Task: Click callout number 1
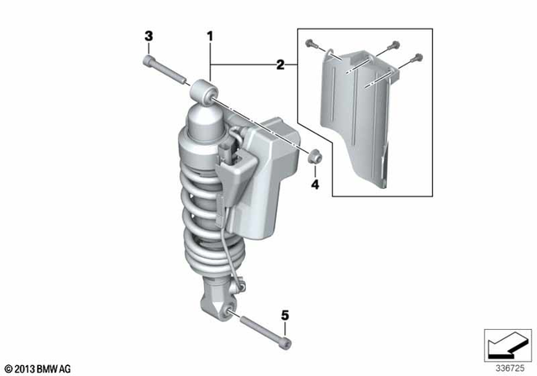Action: tap(211, 36)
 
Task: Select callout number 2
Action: tap(280, 64)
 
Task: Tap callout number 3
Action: tap(149, 36)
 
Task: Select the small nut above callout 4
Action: tap(315, 156)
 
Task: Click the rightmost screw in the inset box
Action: tap(416, 57)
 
